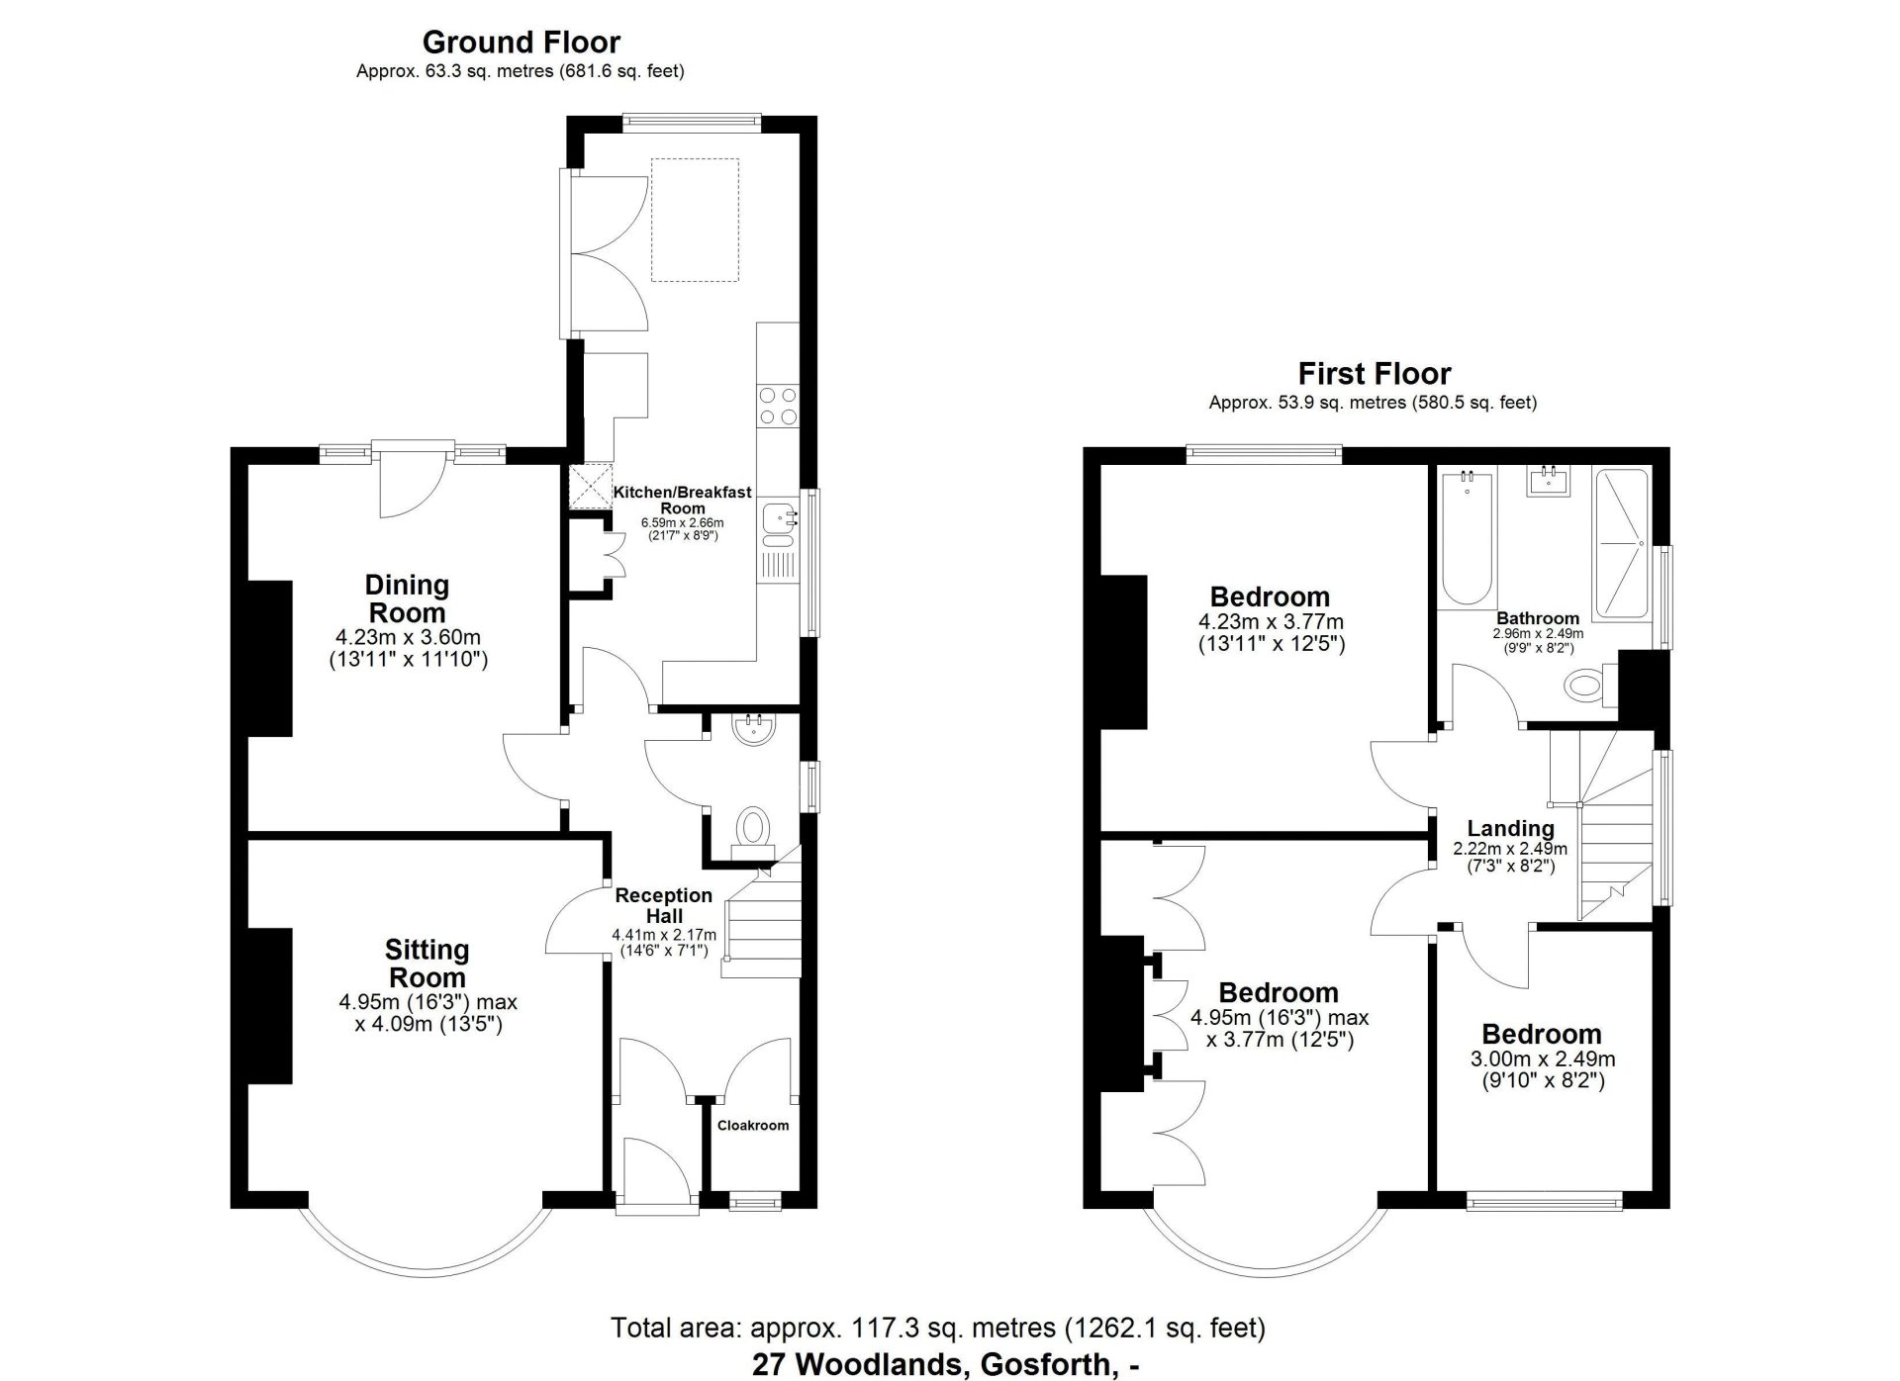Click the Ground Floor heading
(521, 43)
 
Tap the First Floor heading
(1374, 374)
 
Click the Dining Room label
(407, 598)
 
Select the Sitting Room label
(427, 964)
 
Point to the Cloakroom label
(752, 1125)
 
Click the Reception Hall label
(663, 905)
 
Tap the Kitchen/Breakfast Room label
(682, 500)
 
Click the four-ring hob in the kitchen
(777, 406)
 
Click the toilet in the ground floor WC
(753, 827)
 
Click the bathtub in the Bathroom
(1467, 539)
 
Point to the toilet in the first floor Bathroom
(1588, 685)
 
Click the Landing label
(1510, 829)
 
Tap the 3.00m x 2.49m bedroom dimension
(1542, 1059)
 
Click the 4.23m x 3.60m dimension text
(408, 638)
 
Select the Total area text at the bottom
(937, 1328)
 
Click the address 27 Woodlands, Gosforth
(945, 1364)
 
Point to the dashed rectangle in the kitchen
(695, 220)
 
